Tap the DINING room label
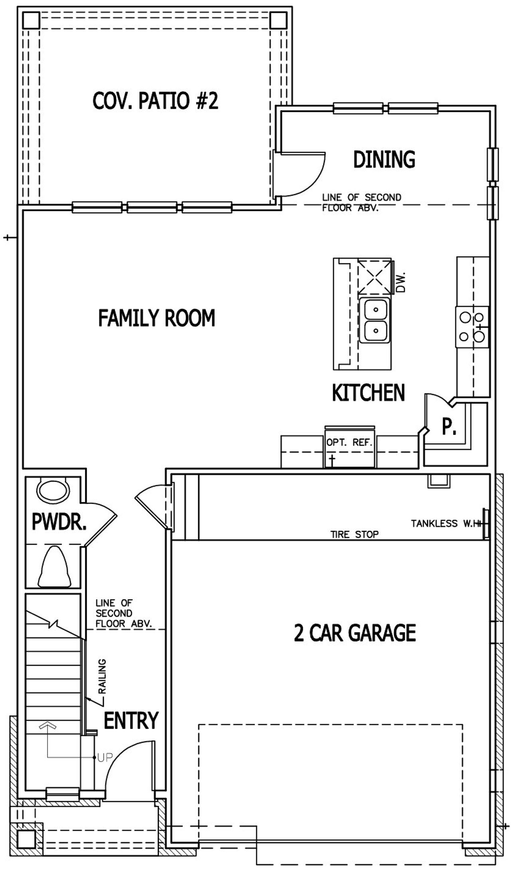pyautogui.click(x=384, y=159)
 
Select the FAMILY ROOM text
pyautogui.click(x=156, y=318)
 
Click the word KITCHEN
pyautogui.click(x=368, y=393)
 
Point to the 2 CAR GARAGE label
pyautogui.click(x=355, y=633)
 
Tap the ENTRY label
pyautogui.click(x=131, y=721)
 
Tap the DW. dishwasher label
pyautogui.click(x=401, y=282)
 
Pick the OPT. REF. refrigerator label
pyautogui.click(x=349, y=443)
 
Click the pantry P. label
pyautogui.click(x=449, y=427)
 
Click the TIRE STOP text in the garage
pyautogui.click(x=355, y=534)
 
